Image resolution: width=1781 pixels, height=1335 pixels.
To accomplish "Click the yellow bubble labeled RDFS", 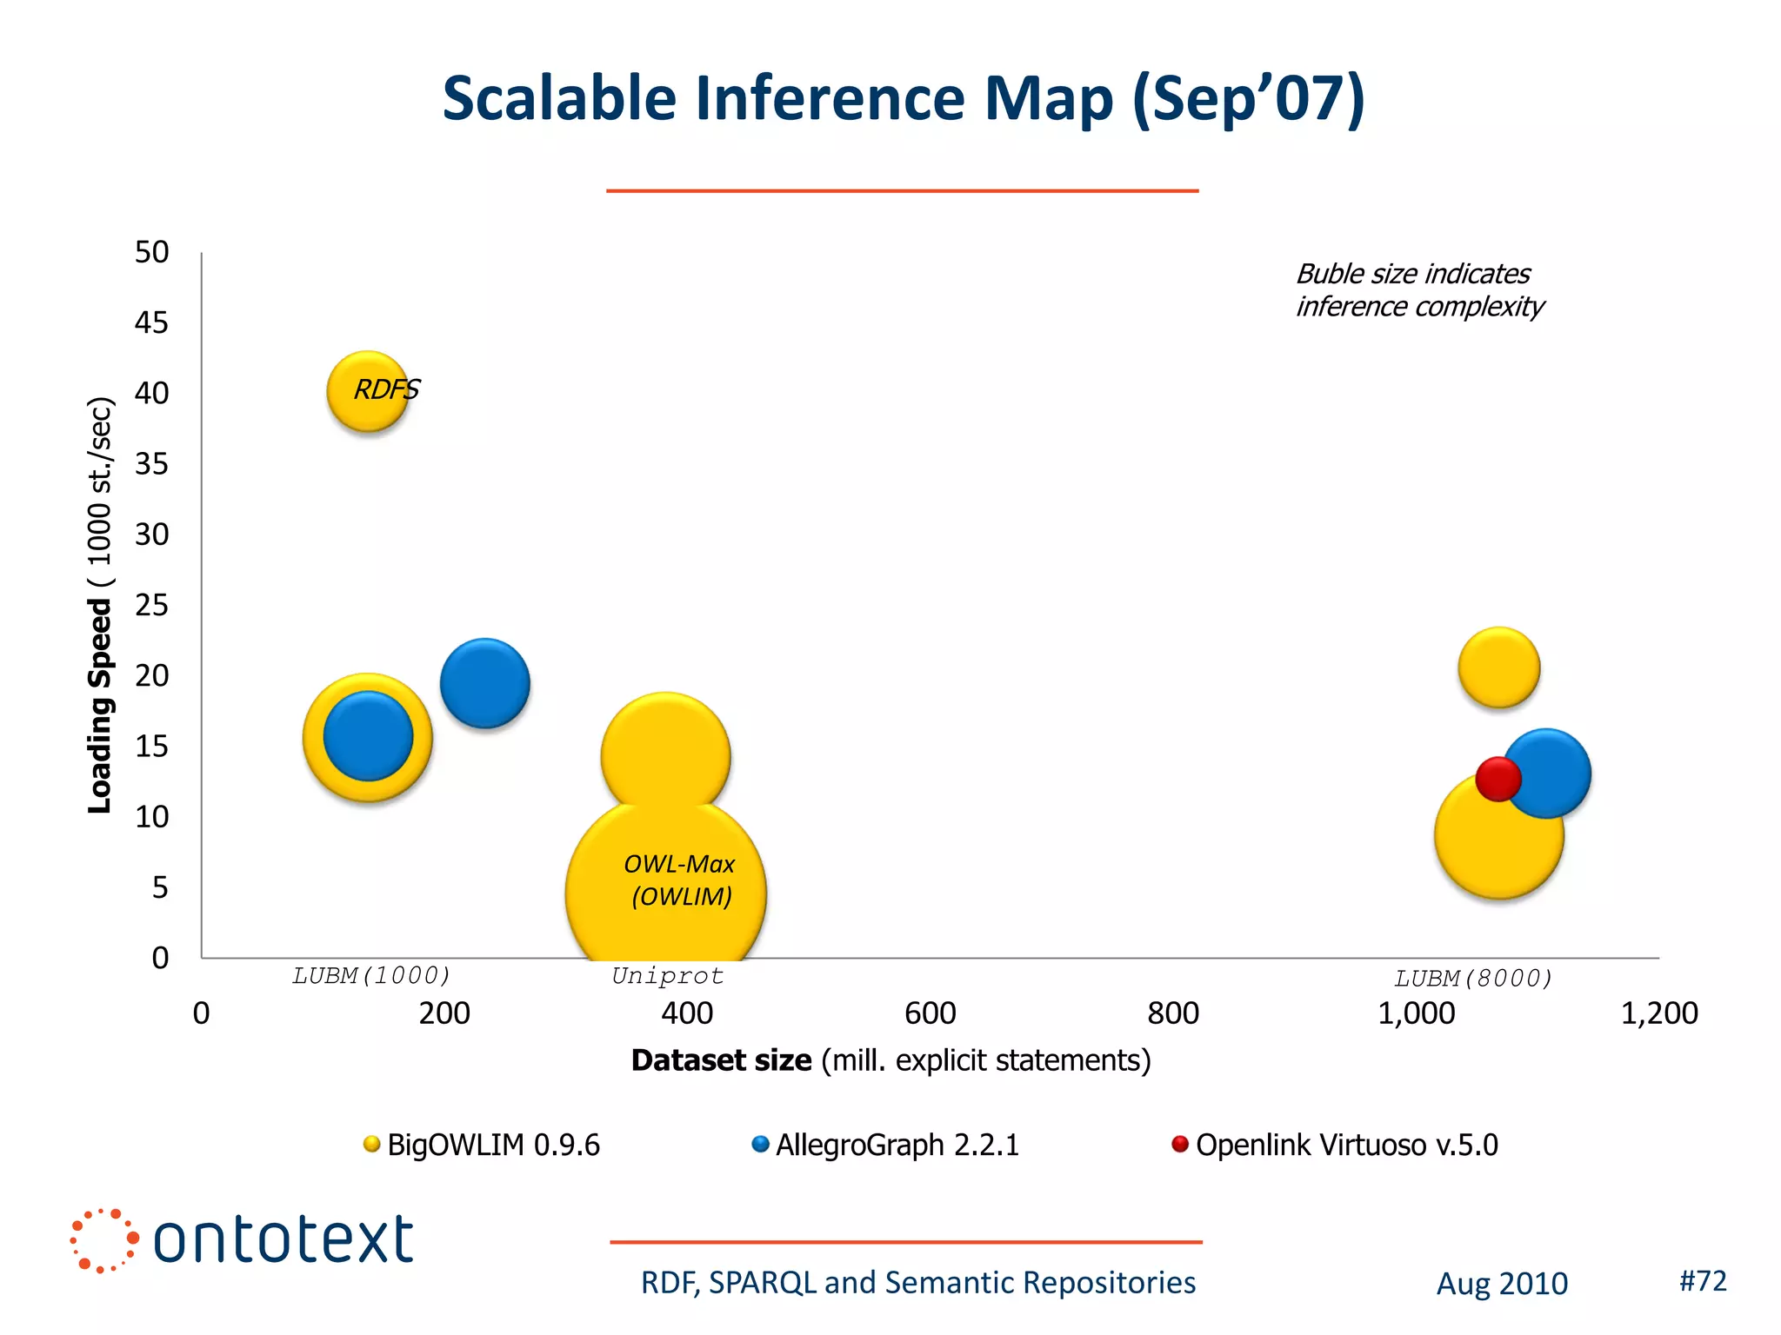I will point(368,392).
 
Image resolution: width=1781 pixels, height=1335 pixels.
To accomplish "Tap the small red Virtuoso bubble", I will point(1498,778).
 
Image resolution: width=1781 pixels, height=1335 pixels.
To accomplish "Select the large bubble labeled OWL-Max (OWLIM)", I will point(666,887).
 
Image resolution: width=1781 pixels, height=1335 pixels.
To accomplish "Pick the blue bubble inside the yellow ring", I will point(368,736).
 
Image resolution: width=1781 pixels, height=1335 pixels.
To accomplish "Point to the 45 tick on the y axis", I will point(151,323).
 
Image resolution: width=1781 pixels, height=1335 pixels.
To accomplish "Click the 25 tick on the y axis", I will point(151,605).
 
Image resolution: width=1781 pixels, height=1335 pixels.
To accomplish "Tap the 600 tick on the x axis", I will point(930,1013).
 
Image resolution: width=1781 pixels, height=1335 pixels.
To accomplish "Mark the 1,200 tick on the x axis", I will point(1658,1013).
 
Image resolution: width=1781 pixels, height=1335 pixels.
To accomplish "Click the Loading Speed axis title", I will point(100,605).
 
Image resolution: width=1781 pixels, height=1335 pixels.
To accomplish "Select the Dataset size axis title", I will point(890,1060).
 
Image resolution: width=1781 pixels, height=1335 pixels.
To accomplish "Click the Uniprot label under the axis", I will point(667,976).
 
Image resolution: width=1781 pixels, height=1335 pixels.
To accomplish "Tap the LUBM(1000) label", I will point(371,976).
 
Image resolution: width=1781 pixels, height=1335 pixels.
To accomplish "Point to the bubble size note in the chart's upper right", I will point(1418,290).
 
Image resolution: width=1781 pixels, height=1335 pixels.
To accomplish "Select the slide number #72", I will point(1702,1280).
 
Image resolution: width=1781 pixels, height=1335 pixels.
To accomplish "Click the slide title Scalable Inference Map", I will point(903,98).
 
